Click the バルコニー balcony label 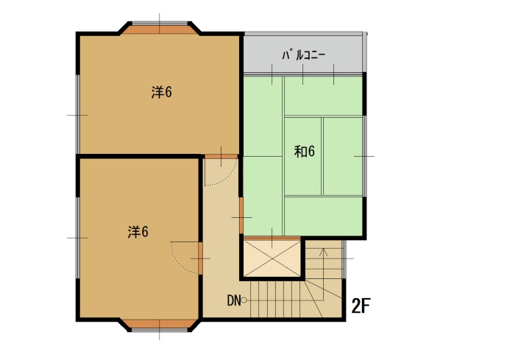pyautogui.click(x=303, y=55)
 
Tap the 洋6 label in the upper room pyautogui.click(x=161, y=92)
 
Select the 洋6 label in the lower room pyautogui.click(x=138, y=232)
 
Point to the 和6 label pyautogui.click(x=305, y=152)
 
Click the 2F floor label pyautogui.click(x=361, y=306)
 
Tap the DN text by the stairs pyautogui.click(x=233, y=300)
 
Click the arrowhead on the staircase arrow pyautogui.click(x=323, y=252)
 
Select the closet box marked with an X pyautogui.click(x=272, y=258)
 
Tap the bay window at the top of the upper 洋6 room pyautogui.click(x=160, y=29)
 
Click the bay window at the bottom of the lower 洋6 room pyautogui.click(x=160, y=325)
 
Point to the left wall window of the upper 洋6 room pyautogui.click(x=78, y=114)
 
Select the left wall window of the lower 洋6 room pyautogui.click(x=78, y=238)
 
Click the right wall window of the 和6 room pyautogui.click(x=364, y=156)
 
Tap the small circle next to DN pyautogui.click(x=244, y=300)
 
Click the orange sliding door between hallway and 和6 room pyautogui.click(x=241, y=216)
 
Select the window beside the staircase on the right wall pyautogui.click(x=344, y=259)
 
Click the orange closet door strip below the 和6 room pyautogui.click(x=272, y=239)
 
